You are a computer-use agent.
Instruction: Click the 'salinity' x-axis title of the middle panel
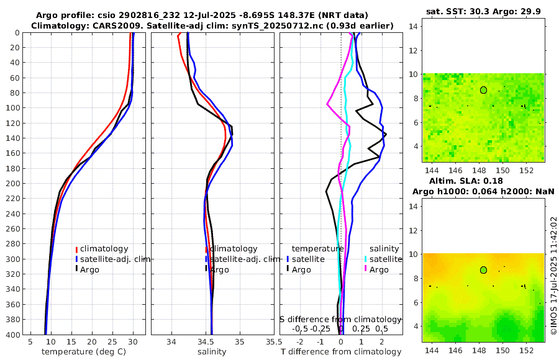coord(212,352)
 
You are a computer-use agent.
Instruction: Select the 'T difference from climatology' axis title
coord(341,352)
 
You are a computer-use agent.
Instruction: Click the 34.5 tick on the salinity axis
coord(211,341)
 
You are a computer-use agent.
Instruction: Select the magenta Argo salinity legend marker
coord(366,269)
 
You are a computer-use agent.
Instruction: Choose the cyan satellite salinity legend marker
coord(366,259)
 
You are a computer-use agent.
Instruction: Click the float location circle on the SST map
coord(483,90)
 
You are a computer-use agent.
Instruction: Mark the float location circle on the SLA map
coord(483,270)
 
